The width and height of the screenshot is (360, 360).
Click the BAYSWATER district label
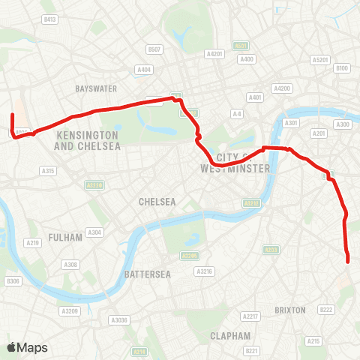[96, 88]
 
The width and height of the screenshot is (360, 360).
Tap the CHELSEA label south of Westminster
[157, 202]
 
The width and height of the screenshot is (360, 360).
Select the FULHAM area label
[59, 237]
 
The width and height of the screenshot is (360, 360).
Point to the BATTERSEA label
[148, 274]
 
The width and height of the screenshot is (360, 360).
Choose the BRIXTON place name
[290, 310]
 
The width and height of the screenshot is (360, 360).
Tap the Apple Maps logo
[27, 347]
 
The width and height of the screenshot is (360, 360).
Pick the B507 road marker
[154, 49]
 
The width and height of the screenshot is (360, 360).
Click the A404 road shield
[144, 69]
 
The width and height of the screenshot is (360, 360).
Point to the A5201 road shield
[320, 59]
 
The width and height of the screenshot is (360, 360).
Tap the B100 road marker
[343, 68]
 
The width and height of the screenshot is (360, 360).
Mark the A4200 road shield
[283, 88]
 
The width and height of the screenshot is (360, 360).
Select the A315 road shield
[48, 171]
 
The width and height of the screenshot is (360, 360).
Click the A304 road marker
[95, 232]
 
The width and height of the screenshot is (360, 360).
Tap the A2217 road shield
[250, 316]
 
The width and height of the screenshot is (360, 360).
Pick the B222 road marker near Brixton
[325, 309]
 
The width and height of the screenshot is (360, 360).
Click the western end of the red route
[12, 115]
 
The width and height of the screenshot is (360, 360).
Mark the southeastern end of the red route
[349, 261]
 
